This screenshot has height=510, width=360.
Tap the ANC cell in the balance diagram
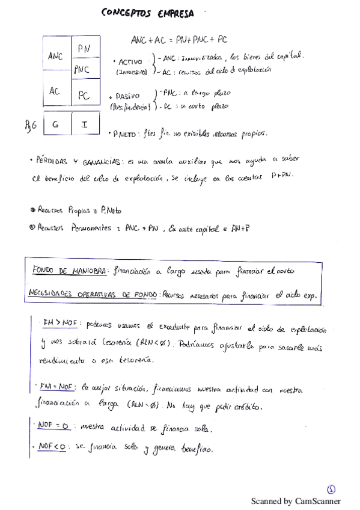pyautogui.click(x=55, y=56)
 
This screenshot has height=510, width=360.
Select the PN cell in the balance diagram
pyautogui.click(x=84, y=48)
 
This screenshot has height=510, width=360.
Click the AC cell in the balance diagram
pyautogui.click(x=55, y=92)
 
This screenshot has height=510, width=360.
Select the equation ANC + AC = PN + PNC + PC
pyautogui.click(x=179, y=40)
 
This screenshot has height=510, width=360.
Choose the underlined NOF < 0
pyautogui.click(x=52, y=447)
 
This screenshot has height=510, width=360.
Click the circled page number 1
pyautogui.click(x=331, y=489)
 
